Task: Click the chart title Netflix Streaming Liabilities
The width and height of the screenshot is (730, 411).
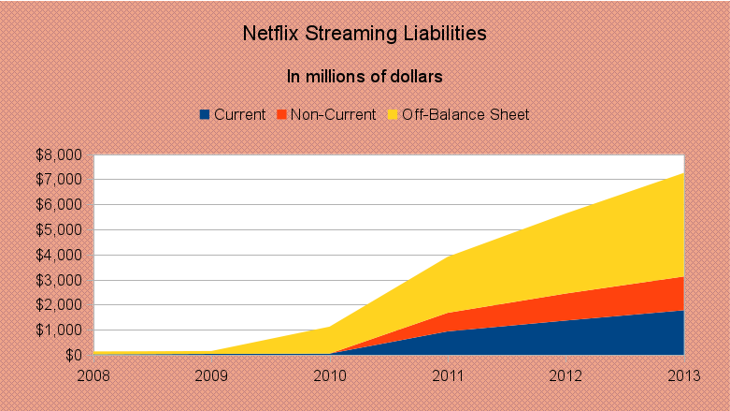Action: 365,35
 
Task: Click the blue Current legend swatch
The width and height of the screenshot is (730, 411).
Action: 205,115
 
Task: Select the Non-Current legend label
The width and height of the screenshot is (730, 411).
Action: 333,115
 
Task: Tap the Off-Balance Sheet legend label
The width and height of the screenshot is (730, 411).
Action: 465,115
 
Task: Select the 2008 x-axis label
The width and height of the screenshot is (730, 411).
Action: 94,374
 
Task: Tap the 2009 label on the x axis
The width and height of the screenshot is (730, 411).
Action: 212,374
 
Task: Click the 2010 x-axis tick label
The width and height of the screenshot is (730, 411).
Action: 330,374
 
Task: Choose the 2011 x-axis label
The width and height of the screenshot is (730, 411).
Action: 449,374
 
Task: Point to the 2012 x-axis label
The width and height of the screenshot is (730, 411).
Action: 566,374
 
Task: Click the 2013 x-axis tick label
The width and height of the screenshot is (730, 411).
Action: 683,374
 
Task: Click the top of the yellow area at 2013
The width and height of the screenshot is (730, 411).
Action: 683,173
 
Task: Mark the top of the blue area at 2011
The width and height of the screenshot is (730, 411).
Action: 449,331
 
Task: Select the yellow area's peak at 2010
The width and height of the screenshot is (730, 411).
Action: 330,327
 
